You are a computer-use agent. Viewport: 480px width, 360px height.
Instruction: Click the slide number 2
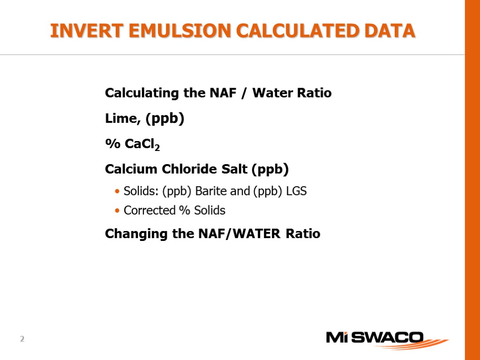pos(22,339)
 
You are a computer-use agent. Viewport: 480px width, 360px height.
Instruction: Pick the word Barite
pos(210,191)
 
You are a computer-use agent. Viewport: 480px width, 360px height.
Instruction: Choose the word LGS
pos(296,191)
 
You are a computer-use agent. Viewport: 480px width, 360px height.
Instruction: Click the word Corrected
pos(149,210)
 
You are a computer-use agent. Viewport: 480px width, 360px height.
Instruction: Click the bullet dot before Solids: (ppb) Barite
pos(117,192)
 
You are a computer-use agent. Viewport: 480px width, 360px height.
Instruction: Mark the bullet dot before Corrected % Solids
pos(117,211)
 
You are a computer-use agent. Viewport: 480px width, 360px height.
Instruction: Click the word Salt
pos(236,169)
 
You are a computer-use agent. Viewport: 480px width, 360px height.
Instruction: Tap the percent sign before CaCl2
pos(112,144)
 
